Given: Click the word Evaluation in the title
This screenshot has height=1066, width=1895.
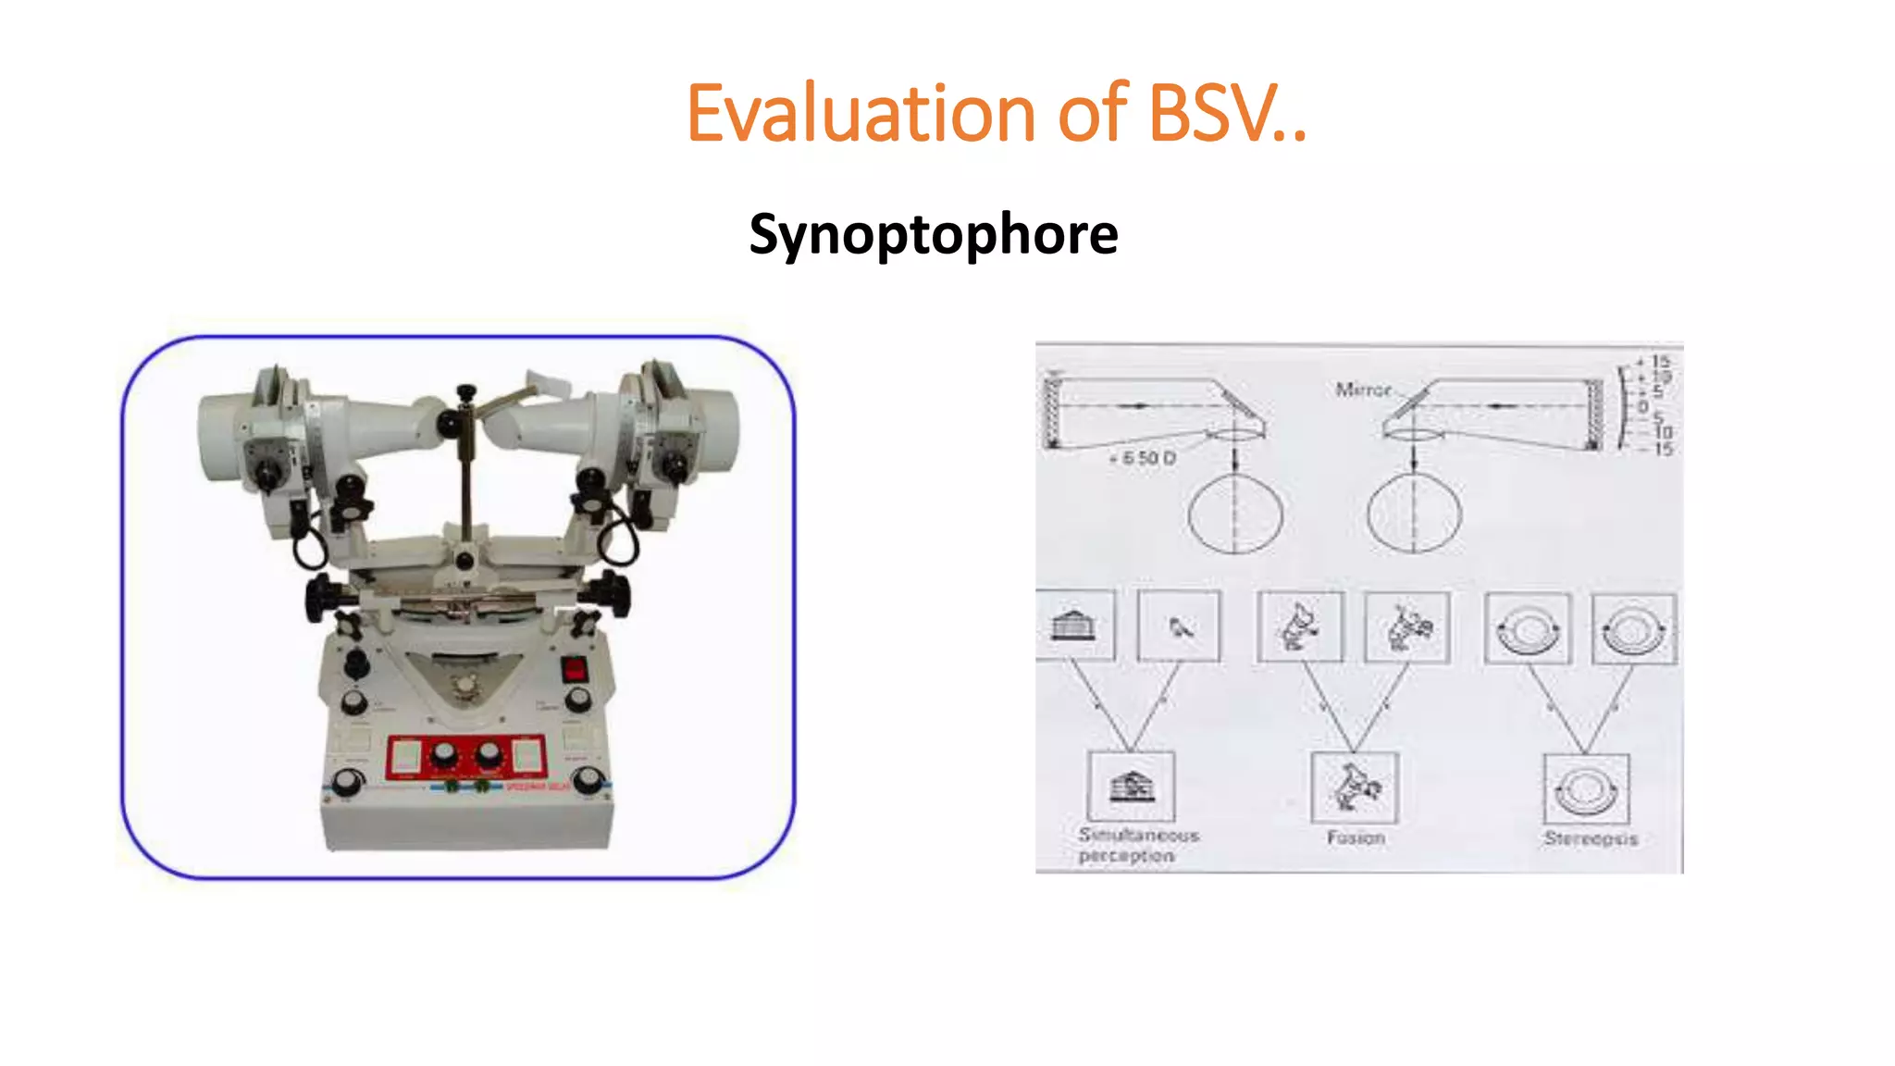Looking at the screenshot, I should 860,114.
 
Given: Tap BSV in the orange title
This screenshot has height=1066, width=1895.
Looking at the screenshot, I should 1211,114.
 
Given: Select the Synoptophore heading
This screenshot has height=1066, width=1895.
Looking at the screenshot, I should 933,234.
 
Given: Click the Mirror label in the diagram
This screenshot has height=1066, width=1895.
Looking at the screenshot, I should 1363,390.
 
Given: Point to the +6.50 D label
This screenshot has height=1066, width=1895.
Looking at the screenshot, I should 1143,458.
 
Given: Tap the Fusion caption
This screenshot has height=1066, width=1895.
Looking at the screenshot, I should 1356,837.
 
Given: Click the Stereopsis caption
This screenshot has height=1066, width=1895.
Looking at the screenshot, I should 1590,838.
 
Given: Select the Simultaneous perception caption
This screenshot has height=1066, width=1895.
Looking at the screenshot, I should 1137,845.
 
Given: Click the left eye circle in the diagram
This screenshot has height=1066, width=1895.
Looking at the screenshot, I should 1235,514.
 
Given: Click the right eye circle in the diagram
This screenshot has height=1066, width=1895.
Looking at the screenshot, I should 1414,514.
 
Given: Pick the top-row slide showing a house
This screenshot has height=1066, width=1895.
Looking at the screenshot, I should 1074,626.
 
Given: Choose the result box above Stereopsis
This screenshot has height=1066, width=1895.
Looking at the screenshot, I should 1586,788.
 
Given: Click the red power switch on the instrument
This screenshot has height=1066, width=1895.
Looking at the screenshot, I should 575,668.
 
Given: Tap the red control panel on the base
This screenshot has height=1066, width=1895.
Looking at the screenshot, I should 465,757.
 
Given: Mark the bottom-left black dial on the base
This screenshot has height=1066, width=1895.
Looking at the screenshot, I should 346,783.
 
